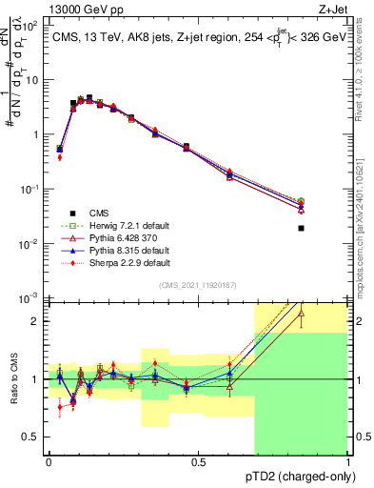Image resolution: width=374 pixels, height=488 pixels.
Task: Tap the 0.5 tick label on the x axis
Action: point(198,461)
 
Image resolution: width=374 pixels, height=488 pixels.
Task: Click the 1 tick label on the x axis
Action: point(346,461)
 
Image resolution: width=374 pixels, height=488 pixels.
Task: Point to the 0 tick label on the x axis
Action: point(49,461)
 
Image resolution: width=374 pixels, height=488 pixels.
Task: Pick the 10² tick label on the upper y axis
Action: point(30,26)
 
